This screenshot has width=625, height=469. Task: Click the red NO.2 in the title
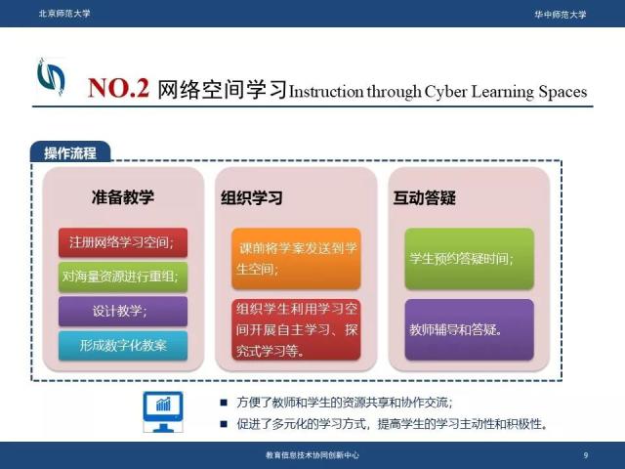tap(118, 88)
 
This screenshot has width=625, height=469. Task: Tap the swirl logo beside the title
tap(51, 76)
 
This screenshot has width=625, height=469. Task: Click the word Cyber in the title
tap(445, 92)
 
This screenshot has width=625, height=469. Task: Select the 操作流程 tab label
tap(70, 153)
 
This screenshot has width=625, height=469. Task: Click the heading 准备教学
tap(123, 197)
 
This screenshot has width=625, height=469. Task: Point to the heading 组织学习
tap(252, 197)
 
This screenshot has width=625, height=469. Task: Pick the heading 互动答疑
tap(425, 197)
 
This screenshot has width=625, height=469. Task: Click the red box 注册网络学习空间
tap(123, 242)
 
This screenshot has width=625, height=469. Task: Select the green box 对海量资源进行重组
tap(123, 277)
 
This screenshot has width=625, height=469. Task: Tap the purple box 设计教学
tap(123, 311)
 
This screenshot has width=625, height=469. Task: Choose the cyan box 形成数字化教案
tap(123, 345)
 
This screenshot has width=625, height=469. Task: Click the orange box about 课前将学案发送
tap(296, 258)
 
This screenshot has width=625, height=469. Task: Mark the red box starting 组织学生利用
tap(296, 329)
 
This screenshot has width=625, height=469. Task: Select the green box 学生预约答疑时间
tap(469, 258)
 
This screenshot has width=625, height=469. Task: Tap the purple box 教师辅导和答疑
tap(469, 329)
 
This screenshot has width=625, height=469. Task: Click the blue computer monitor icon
tap(163, 412)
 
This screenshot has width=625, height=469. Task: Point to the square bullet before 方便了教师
tap(224, 403)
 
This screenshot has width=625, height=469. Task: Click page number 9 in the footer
tap(586, 455)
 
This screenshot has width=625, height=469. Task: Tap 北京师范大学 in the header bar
tap(64, 14)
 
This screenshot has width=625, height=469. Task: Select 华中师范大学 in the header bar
tap(561, 15)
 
